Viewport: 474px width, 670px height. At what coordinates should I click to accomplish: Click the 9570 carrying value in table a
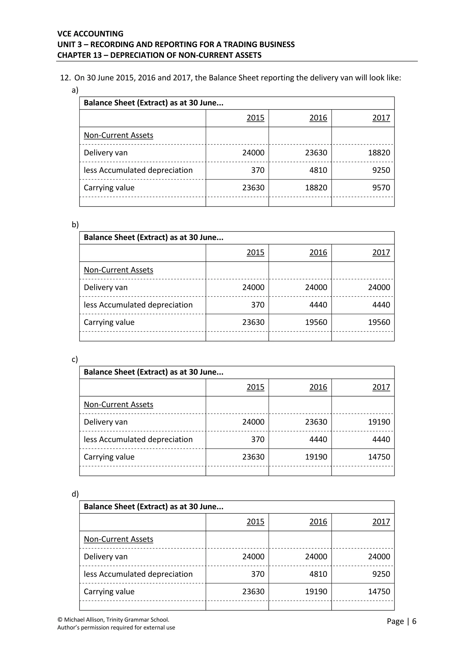tap(381, 188)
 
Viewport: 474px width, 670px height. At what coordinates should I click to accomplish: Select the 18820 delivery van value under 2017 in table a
tap(379, 153)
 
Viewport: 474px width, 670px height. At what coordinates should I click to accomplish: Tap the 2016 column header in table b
tap(318, 252)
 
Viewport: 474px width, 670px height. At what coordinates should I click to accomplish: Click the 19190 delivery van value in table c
tap(379, 422)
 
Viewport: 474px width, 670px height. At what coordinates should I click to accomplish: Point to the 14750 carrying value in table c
tap(379, 457)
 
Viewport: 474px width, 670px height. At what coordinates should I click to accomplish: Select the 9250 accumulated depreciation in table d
tap(381, 574)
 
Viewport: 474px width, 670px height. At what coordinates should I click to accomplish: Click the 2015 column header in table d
tap(255, 522)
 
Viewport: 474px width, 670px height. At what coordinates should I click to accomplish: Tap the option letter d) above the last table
tap(75, 494)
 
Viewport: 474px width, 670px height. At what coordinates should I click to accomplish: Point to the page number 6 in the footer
tap(414, 621)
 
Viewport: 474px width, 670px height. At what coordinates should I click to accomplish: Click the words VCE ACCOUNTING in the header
tap(90, 34)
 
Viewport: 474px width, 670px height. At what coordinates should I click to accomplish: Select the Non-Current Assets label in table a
tap(118, 135)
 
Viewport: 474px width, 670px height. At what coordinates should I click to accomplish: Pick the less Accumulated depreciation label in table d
tap(138, 574)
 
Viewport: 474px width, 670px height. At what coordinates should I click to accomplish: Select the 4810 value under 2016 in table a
tap(318, 170)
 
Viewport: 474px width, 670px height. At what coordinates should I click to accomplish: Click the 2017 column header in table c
tap(381, 387)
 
